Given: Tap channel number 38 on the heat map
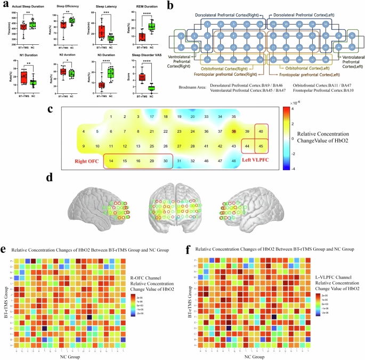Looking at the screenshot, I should pos(233,131).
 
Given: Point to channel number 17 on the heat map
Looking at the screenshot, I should pos(152,117).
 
